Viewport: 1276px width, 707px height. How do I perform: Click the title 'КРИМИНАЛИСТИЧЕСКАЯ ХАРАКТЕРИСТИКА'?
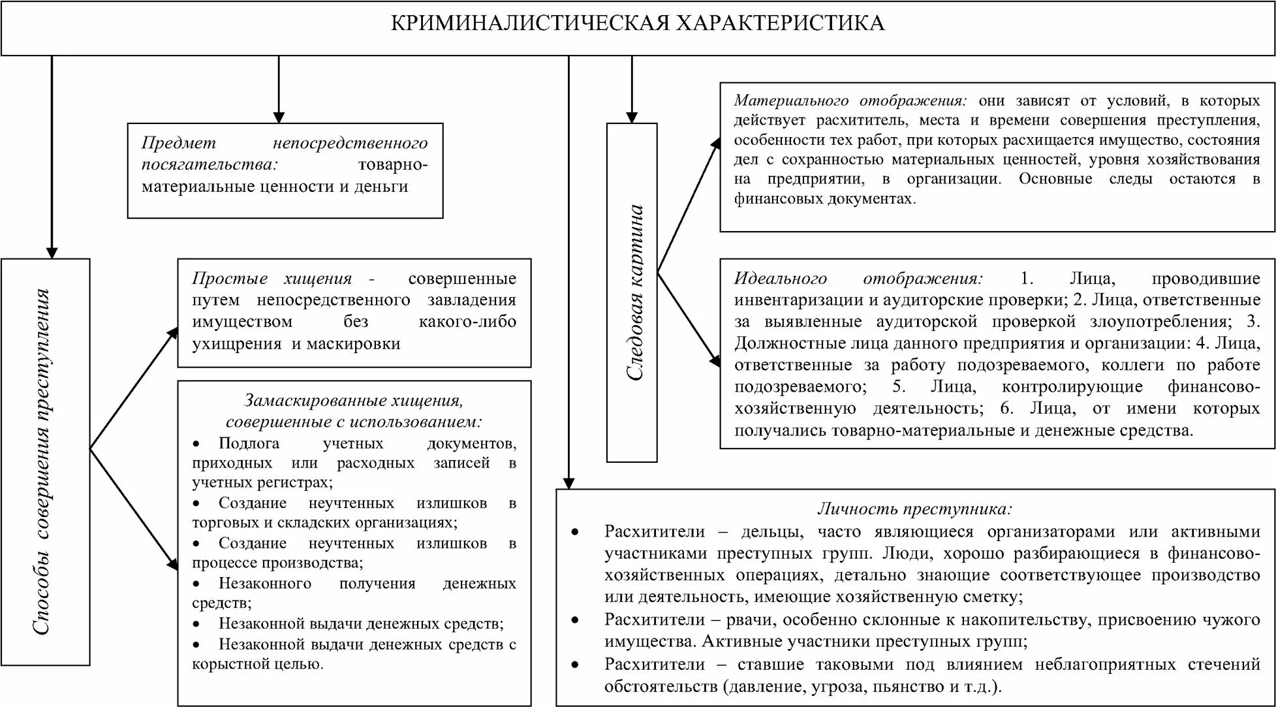[x=637, y=24]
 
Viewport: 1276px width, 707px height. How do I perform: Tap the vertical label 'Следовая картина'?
[x=634, y=292]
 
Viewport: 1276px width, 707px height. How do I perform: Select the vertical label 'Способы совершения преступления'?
[x=42, y=462]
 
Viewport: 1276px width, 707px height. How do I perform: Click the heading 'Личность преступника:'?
[x=914, y=509]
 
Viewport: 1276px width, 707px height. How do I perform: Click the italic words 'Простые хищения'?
[x=272, y=278]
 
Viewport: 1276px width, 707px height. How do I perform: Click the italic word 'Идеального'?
[x=781, y=278]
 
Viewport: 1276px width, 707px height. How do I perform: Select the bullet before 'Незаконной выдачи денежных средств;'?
[x=198, y=623]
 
